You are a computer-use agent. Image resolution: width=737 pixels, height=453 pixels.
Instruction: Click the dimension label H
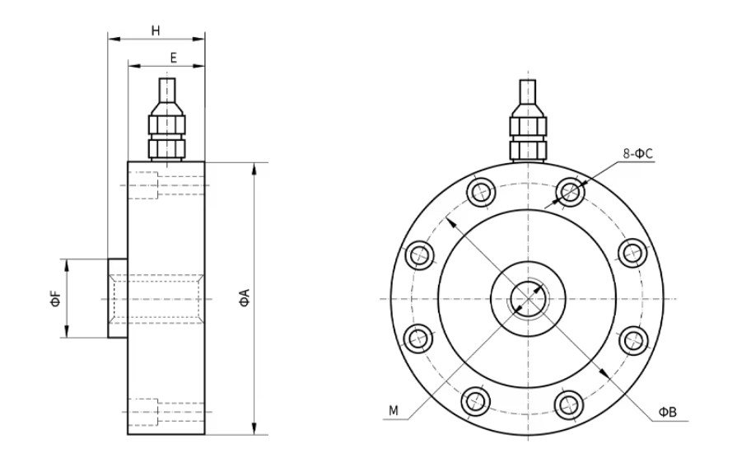coord(156,30)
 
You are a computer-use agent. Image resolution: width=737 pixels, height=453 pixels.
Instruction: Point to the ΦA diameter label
coord(244,299)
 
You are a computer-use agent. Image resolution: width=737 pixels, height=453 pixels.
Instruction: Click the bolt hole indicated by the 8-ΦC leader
coord(569,192)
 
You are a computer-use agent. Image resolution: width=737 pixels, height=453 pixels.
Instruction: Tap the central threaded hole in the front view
coord(527,298)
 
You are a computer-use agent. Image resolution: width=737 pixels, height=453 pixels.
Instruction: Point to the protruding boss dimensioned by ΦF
coord(117,298)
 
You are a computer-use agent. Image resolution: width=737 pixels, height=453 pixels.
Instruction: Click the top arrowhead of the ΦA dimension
coord(254,168)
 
